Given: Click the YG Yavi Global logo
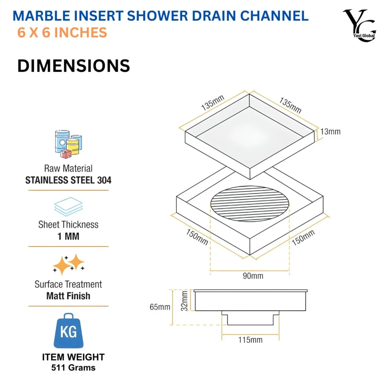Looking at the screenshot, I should tap(359, 26).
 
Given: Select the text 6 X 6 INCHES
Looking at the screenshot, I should tap(62, 33).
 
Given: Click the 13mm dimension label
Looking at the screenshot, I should tap(330, 132).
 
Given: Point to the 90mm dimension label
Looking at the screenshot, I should tap(253, 276).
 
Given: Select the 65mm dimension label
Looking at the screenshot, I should tap(160, 307).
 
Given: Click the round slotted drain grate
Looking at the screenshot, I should tap(250, 204).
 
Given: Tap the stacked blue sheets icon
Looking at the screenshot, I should tap(68, 207).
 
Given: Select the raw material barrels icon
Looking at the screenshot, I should tap(68, 144).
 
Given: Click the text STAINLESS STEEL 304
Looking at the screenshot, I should tap(68, 180).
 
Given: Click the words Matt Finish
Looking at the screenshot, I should tap(68, 296).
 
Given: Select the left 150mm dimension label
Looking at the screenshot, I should tap(196, 236).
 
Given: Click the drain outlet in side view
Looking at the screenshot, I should tap(250, 318).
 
